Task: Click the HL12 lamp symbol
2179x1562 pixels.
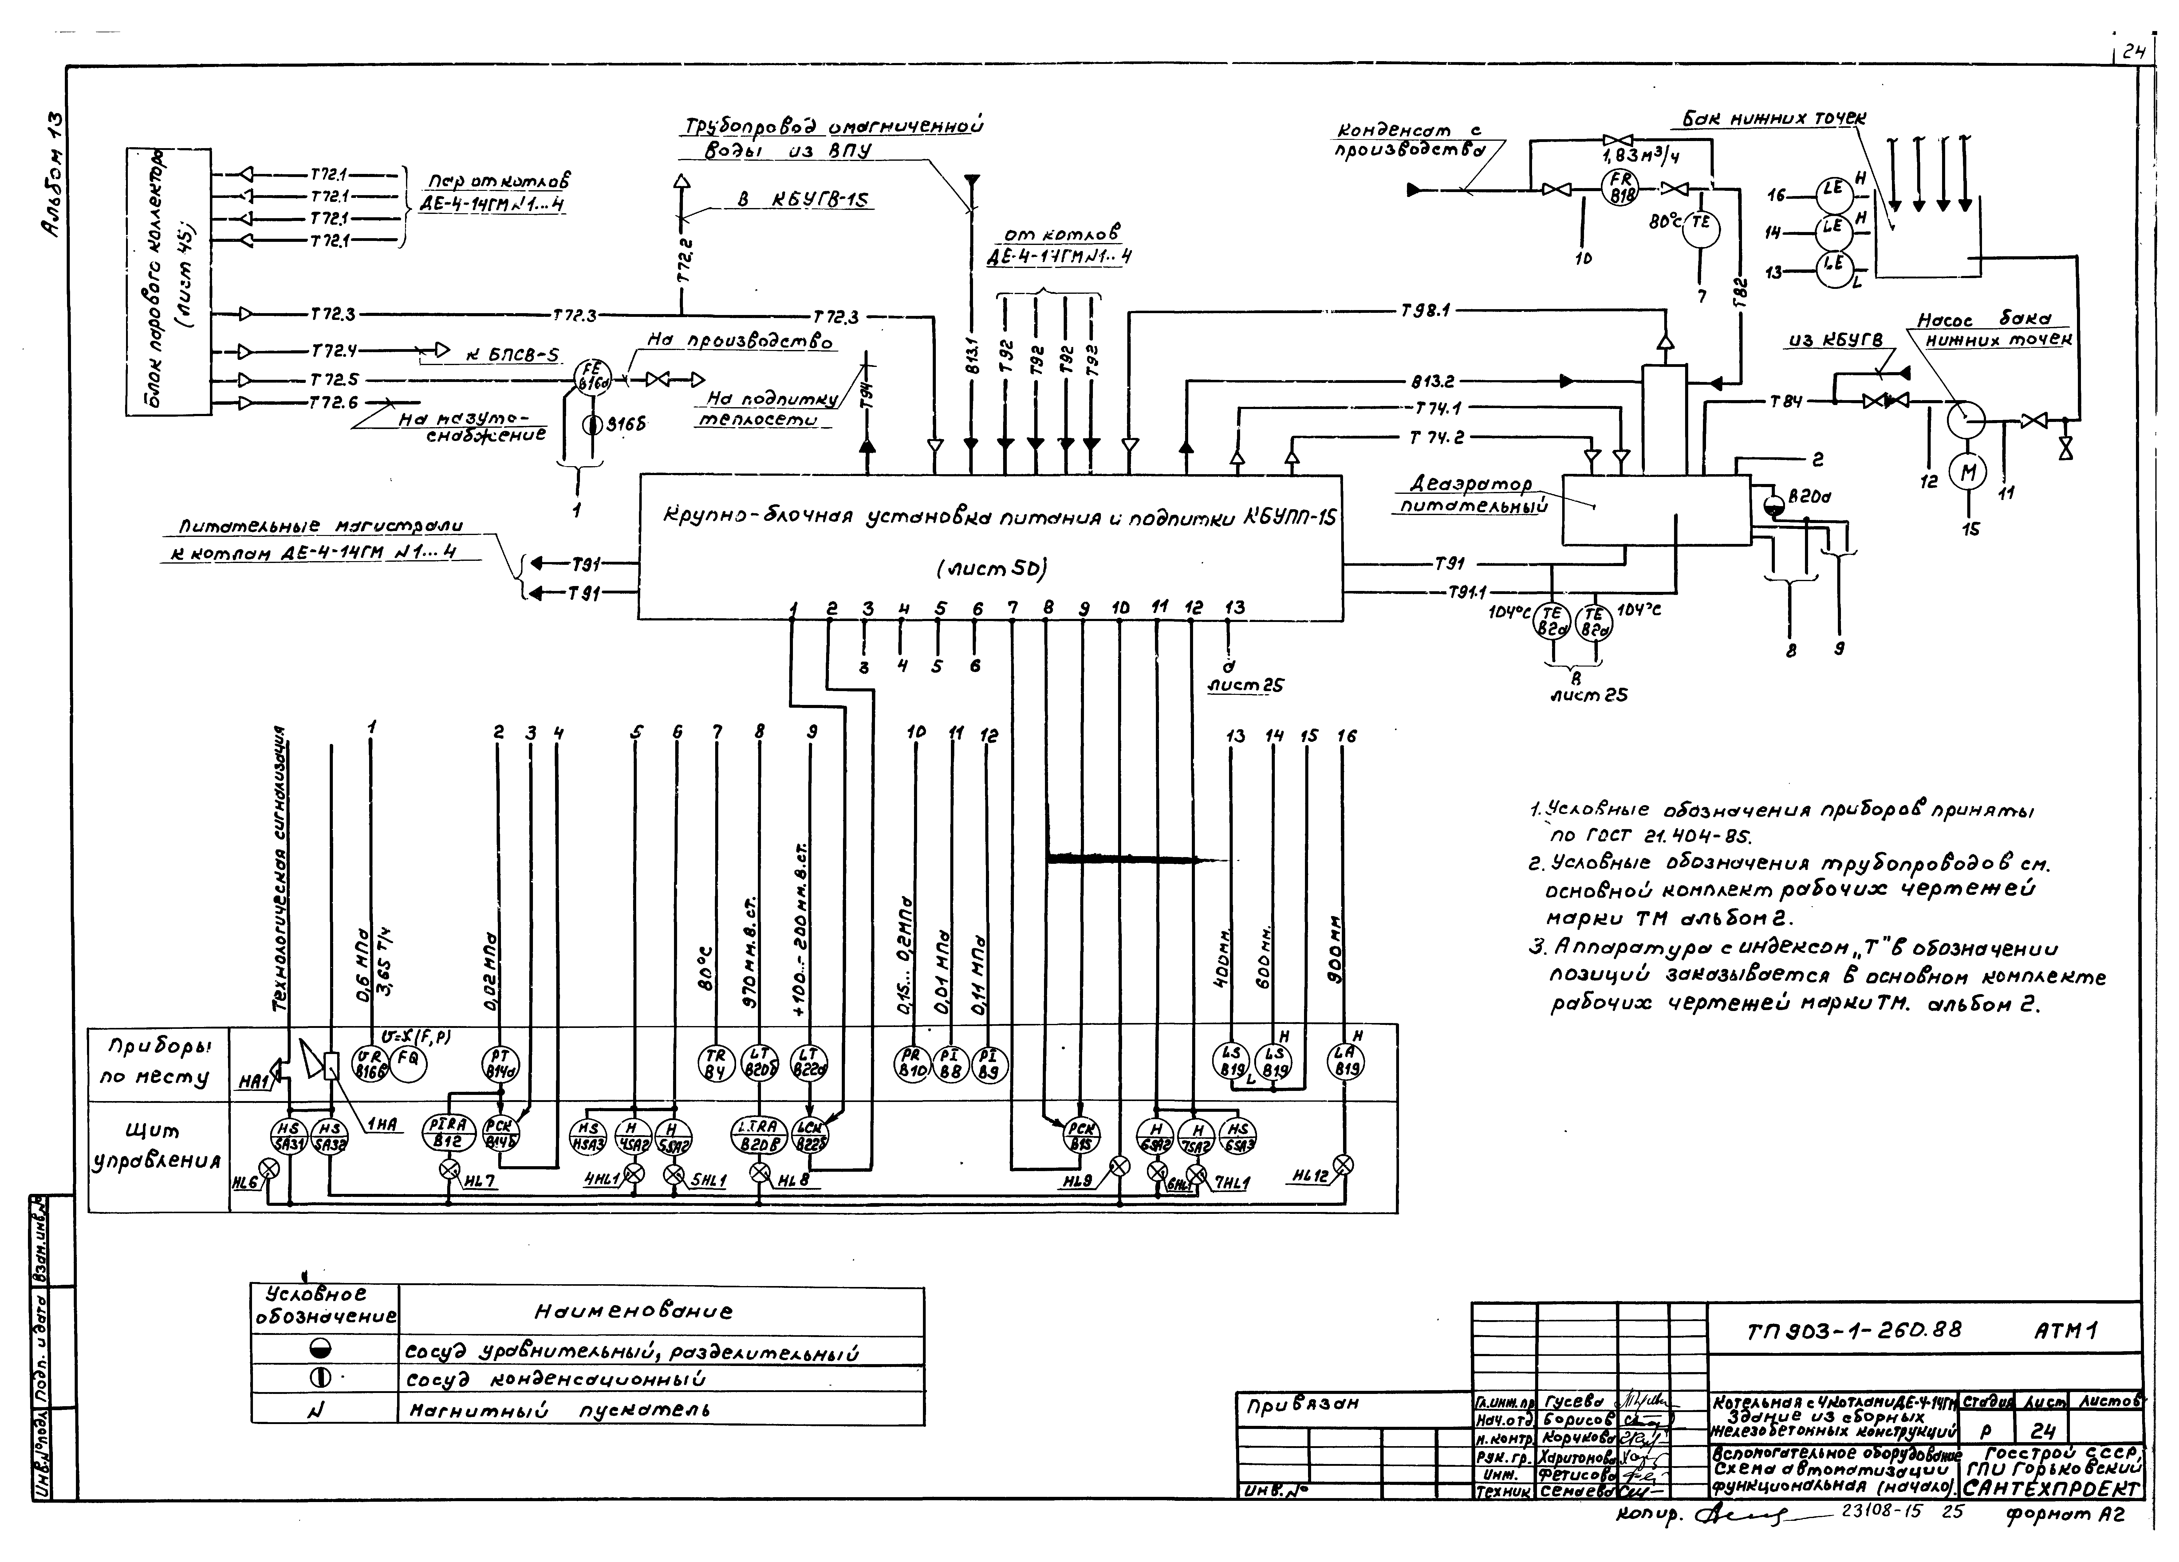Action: pos(1343,1165)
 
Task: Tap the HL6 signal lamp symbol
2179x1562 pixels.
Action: pos(271,1169)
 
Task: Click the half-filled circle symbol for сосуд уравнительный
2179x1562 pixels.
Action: pos(320,1350)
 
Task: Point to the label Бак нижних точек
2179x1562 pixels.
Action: pos(1774,118)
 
